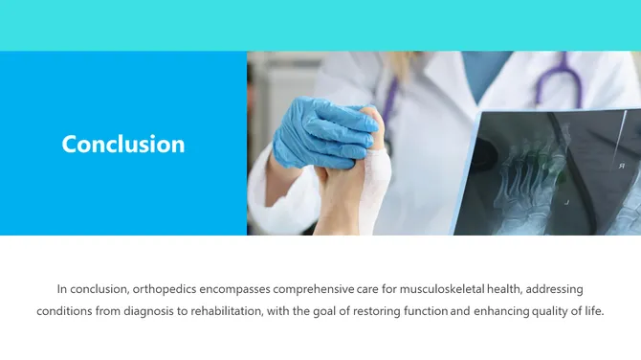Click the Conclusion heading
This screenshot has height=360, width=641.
coord(123,144)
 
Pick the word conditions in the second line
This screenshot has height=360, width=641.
coord(63,311)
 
